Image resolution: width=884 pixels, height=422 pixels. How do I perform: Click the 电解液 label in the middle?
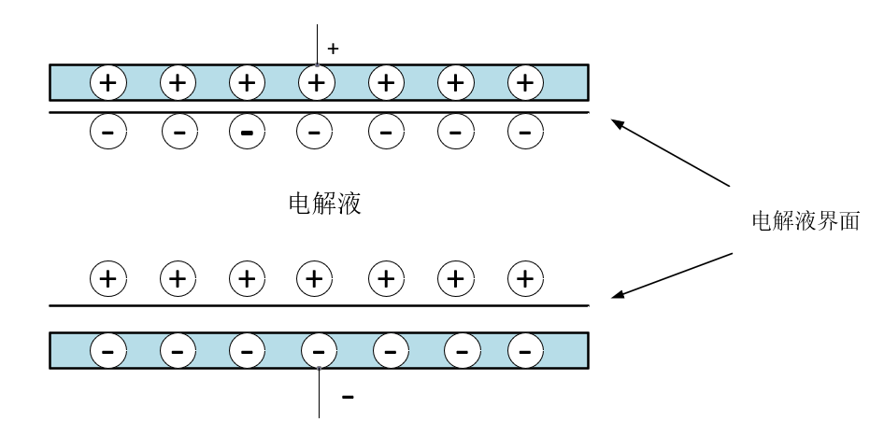pos(325,204)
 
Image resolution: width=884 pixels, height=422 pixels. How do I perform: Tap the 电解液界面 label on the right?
pos(806,221)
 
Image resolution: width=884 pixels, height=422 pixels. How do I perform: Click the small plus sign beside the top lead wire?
pos(333,49)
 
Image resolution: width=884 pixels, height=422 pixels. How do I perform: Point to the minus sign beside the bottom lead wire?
pos(348,397)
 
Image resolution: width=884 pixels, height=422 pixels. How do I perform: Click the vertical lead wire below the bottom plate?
pos(320,393)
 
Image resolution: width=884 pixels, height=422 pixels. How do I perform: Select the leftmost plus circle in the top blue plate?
pos(108,82)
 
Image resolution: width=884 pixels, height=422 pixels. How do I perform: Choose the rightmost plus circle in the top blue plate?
pos(525,82)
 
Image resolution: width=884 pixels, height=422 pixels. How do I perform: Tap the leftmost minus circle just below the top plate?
pos(108,134)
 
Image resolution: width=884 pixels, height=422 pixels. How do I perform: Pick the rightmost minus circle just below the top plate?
pos(525,134)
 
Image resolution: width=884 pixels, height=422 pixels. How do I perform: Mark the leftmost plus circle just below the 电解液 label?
pos(108,277)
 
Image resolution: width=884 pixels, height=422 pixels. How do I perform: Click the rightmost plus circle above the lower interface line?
pos(525,277)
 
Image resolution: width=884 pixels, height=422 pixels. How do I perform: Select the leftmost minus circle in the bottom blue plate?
pos(108,351)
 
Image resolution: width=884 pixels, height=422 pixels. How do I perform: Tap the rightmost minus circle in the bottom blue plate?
pos(525,351)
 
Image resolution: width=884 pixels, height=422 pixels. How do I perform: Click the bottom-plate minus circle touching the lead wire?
pos(319,351)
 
